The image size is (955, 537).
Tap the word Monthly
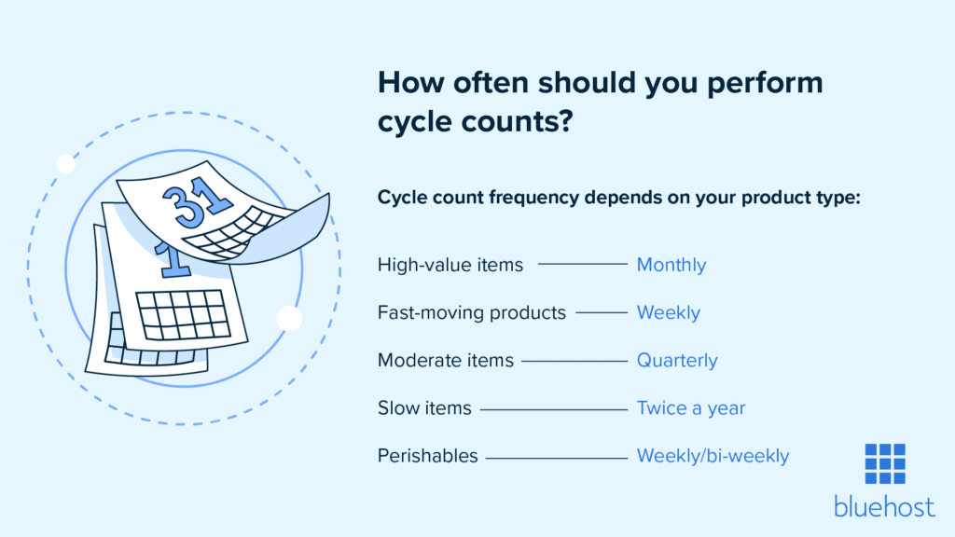(x=671, y=265)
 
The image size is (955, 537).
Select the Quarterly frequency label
(x=677, y=360)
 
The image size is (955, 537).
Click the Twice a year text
(x=690, y=407)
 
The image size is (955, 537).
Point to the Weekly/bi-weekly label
(x=713, y=456)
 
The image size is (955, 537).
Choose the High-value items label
(x=450, y=265)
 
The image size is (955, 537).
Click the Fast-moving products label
(x=471, y=312)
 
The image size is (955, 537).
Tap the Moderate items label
(x=445, y=360)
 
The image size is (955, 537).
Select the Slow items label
(x=424, y=407)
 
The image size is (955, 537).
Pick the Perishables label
(x=427, y=456)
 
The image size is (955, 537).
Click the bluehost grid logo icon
(x=884, y=464)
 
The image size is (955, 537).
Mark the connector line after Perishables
(x=556, y=457)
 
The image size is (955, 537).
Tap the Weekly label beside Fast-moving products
(x=668, y=312)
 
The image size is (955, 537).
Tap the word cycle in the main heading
(x=419, y=122)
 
